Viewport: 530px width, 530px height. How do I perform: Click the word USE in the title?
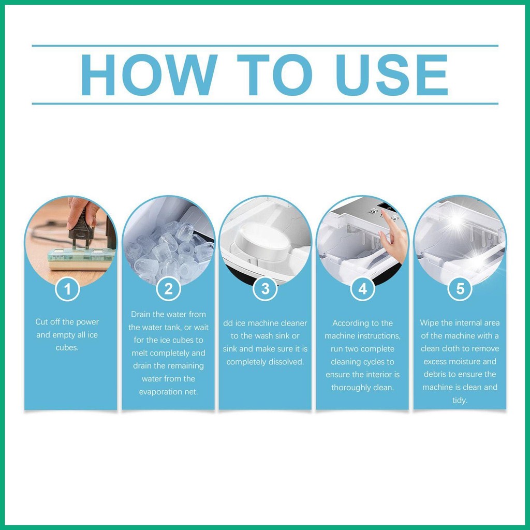point(392,75)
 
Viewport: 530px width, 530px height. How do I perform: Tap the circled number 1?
point(67,289)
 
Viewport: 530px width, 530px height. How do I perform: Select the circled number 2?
point(168,289)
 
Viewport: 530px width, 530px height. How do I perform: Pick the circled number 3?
point(266,289)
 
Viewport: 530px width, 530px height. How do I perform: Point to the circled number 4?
point(363,289)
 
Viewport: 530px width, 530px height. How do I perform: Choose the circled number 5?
point(460,289)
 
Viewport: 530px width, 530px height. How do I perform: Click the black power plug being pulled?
point(80,230)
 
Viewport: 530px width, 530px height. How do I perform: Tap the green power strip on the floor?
point(81,258)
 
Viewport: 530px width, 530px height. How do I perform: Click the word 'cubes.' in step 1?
point(67,348)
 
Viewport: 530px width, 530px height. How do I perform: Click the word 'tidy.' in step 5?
point(460,401)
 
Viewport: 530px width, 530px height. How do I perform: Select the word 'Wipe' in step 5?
point(429,323)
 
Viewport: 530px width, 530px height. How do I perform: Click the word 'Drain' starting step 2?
point(141,314)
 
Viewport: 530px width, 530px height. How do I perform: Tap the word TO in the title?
point(274,75)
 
